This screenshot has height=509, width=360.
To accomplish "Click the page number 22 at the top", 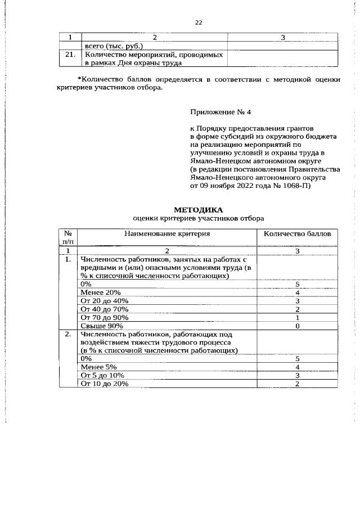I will pyautogui.click(x=198, y=22).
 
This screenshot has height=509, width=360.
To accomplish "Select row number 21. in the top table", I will pyautogui.click(x=70, y=55).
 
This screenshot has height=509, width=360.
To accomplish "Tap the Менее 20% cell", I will pyautogui.click(x=101, y=292).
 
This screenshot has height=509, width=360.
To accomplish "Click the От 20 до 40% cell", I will pyautogui.click(x=105, y=301).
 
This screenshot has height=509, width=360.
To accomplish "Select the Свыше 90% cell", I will pyautogui.click(x=102, y=326).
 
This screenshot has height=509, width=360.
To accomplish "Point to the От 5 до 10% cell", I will pyautogui.click(x=102, y=375).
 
